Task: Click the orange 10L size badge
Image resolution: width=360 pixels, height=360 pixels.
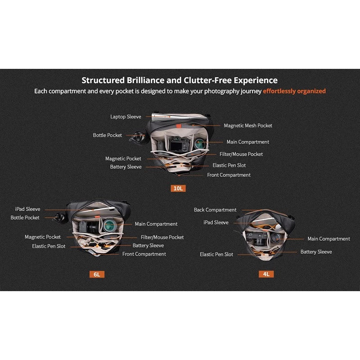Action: (x=178, y=188)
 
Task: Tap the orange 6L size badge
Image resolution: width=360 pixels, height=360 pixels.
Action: (x=97, y=274)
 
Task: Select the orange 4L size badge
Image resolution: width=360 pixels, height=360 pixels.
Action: (x=266, y=274)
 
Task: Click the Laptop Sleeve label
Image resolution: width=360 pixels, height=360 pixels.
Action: (x=126, y=117)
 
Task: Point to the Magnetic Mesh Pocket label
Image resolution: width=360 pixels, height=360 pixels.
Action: (x=248, y=126)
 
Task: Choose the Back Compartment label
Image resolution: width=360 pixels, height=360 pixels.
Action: (x=215, y=210)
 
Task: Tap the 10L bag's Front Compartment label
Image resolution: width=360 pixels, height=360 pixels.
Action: (x=229, y=175)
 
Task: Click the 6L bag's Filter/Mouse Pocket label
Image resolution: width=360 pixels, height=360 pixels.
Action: (x=162, y=237)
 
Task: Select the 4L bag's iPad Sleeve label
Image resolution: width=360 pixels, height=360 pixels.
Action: (x=216, y=222)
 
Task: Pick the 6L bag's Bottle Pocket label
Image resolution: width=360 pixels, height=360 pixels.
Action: (x=25, y=218)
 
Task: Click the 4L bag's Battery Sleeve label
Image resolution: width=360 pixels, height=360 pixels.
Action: (x=316, y=252)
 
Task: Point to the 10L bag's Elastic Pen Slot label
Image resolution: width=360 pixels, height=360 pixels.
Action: (x=229, y=165)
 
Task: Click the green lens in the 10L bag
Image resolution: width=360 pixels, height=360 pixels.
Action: (x=200, y=144)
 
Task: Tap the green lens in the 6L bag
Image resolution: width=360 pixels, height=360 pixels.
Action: (x=109, y=225)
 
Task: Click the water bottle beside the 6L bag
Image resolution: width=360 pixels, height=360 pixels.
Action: (x=59, y=217)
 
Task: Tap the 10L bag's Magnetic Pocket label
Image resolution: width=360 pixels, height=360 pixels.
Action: (x=123, y=159)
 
